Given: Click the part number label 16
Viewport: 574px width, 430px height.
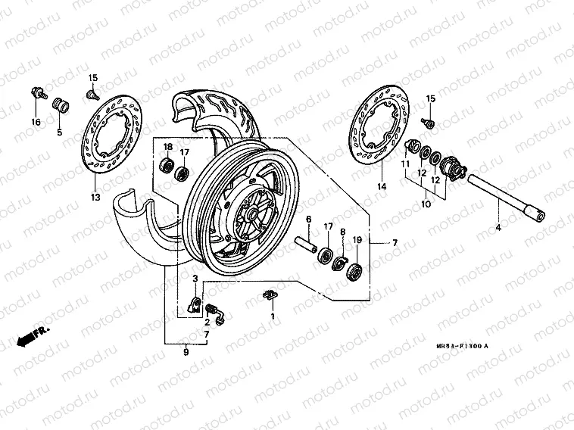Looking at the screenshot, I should pos(35,123).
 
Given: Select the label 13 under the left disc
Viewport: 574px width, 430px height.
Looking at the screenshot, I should pos(95,198).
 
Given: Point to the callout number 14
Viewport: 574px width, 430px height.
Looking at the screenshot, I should pos(382,185).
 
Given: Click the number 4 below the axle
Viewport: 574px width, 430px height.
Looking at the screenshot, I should pos(498,227).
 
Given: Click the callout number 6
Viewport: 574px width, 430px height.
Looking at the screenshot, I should pos(309,220).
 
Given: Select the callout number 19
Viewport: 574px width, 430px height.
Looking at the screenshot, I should pos(358,240).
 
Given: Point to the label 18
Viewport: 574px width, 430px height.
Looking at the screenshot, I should pos(168,146).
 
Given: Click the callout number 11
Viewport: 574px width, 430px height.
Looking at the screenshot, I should pos(405,164).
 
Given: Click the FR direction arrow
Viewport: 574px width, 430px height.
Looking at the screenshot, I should pos(28,335).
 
